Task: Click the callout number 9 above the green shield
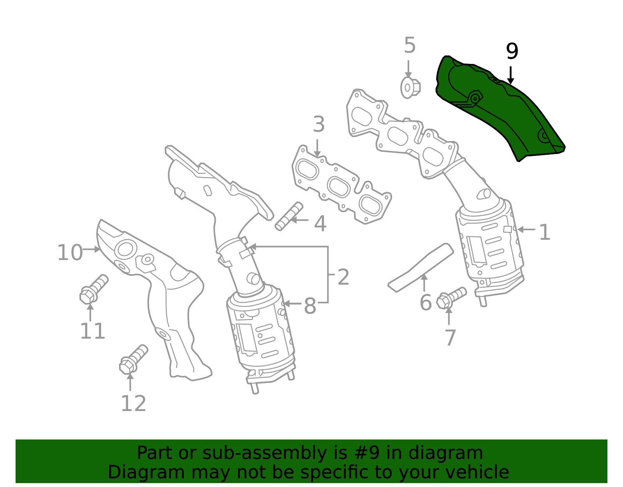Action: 512,51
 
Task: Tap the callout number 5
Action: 410,45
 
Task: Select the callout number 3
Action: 319,124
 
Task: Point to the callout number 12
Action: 134,403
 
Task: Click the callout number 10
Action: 70,253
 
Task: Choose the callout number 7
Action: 450,338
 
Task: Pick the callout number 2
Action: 343,277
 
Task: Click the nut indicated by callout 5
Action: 410,88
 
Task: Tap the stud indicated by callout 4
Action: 289,216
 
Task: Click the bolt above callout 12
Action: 134,359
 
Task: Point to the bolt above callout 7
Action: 451,298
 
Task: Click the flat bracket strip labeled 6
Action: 421,268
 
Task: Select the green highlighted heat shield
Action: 499,108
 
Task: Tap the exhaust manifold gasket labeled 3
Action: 342,184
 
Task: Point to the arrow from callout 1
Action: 526,230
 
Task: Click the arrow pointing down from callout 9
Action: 510,76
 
